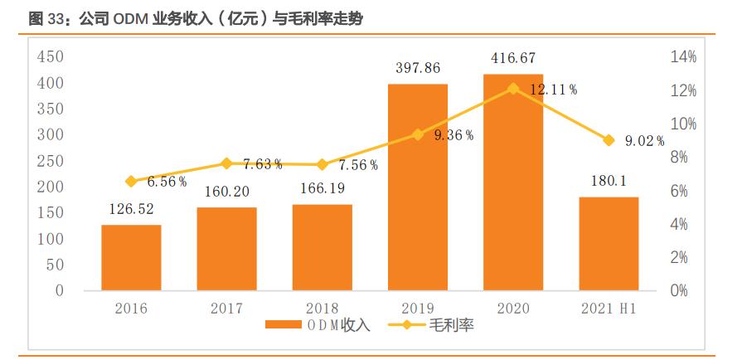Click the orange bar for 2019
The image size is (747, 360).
click(418, 187)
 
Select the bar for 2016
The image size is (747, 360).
click(131, 258)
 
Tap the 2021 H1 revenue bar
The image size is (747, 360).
click(609, 244)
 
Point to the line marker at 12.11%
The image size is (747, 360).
click(513, 88)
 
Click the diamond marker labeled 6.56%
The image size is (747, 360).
click(131, 181)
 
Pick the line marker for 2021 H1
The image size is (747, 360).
click(609, 140)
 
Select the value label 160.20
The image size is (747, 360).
click(226, 192)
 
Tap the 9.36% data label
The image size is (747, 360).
click(454, 135)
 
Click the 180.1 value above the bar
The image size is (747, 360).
click(609, 182)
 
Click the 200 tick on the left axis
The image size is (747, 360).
click(51, 187)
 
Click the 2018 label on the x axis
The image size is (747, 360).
click(322, 309)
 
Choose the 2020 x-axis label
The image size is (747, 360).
click(513, 309)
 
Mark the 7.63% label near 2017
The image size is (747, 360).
click(263, 164)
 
